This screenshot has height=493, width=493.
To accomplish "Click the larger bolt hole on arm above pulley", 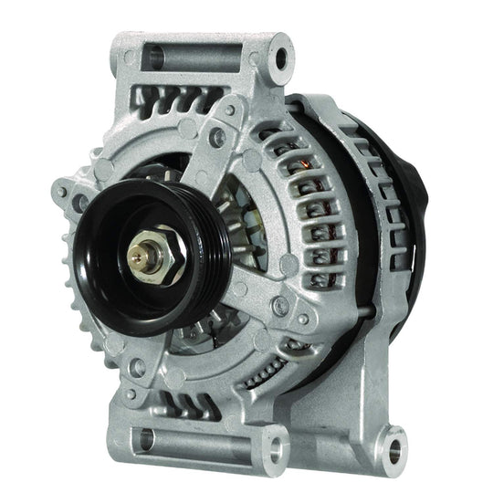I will point(220,140).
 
